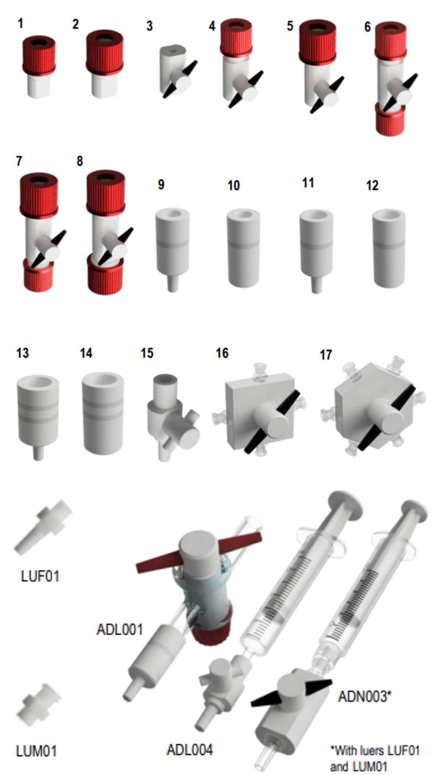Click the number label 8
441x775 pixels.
coord(80,161)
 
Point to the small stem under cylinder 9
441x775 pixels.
coord(173,283)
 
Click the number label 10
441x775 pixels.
coord(234,186)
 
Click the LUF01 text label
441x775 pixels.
coord(40,576)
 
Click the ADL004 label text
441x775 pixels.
coord(189,750)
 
